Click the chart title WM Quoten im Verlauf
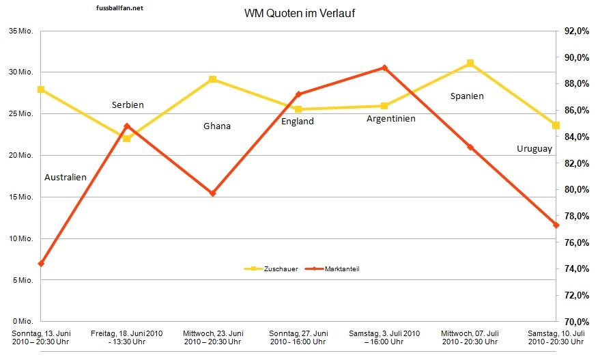(x=299, y=14)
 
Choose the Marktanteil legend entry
(x=336, y=269)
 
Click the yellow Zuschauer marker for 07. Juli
(x=470, y=64)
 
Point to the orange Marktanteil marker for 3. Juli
(x=384, y=68)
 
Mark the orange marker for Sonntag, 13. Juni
(x=41, y=264)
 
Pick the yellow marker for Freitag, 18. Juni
(x=126, y=138)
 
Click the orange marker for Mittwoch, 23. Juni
(x=212, y=193)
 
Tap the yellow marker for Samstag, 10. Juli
(x=556, y=126)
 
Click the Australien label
(x=66, y=178)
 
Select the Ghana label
(x=217, y=126)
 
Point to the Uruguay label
(x=535, y=149)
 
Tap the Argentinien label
(x=390, y=119)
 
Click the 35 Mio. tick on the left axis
(x=21, y=31)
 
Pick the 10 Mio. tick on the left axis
(x=21, y=238)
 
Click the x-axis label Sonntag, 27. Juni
(x=298, y=337)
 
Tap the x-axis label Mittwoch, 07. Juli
(x=470, y=337)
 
